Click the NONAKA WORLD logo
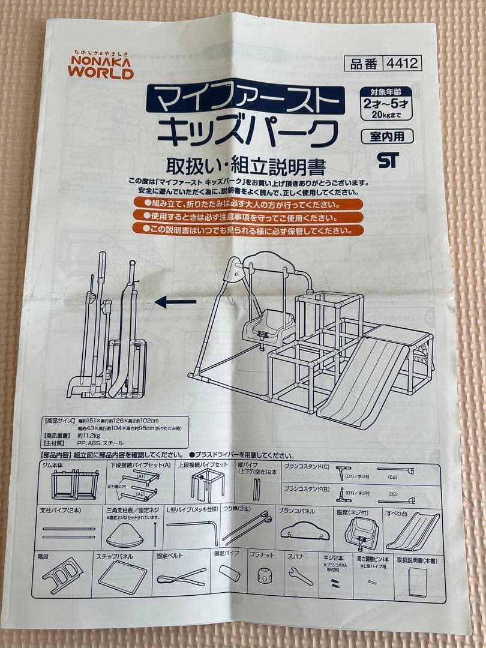(100, 64)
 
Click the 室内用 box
(387, 136)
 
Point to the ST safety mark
(388, 160)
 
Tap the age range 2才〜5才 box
(386, 103)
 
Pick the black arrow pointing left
(175, 302)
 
